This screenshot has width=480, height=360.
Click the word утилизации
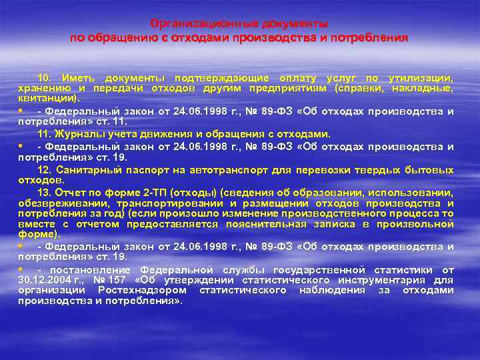[421, 77]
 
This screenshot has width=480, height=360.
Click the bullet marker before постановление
[21, 269]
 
